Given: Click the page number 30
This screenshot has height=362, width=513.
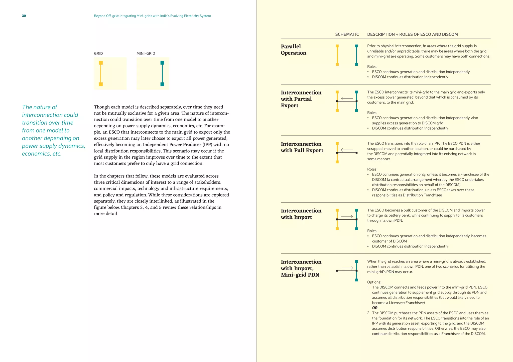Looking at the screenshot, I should [x=24, y=16].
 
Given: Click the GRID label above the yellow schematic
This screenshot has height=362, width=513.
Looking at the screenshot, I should [x=98, y=53].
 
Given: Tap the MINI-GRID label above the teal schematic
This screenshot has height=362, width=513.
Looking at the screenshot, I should [x=146, y=53].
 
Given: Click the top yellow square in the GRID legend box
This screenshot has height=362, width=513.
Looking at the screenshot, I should [x=101, y=63].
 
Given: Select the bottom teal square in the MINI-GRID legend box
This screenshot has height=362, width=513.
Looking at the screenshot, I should [x=162, y=84].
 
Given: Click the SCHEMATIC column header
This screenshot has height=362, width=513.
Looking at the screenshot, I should [x=347, y=34].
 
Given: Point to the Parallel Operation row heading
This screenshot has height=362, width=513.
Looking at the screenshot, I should [x=293, y=49].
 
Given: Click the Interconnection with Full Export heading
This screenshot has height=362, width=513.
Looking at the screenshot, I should [x=302, y=147].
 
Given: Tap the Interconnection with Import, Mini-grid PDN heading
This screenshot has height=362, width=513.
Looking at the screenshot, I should [x=301, y=268].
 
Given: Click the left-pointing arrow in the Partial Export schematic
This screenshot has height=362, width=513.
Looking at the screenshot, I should [x=347, y=98].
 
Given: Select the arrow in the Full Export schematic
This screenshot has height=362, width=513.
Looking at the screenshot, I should [x=347, y=150].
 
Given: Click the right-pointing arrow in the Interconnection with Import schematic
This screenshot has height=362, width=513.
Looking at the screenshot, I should [x=347, y=216].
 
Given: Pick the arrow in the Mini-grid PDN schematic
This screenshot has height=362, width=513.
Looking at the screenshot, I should [x=347, y=268].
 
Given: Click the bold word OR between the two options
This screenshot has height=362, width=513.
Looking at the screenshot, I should [x=375, y=308].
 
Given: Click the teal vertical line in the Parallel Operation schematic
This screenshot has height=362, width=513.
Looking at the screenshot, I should [x=356, y=55].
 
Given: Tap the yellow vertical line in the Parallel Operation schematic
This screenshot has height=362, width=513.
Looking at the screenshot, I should [x=337, y=55].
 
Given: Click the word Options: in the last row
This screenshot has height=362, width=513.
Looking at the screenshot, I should [x=374, y=282].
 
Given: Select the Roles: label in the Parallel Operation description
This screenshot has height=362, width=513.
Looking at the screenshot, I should [x=372, y=66].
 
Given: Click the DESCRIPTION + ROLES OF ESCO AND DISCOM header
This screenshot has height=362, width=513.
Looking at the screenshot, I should [x=412, y=34].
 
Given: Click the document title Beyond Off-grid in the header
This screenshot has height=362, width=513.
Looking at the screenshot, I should [x=152, y=16].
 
